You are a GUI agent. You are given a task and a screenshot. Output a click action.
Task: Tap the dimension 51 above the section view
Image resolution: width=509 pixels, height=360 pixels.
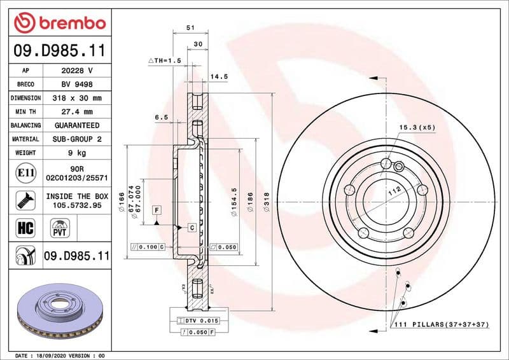pyautogui.click(x=190, y=28)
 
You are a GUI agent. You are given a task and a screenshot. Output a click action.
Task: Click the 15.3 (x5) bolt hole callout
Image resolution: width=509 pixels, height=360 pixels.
pyautogui.click(x=417, y=127)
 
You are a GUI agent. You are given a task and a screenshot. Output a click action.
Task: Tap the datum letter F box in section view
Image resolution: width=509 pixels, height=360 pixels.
pyautogui.click(x=155, y=210)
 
